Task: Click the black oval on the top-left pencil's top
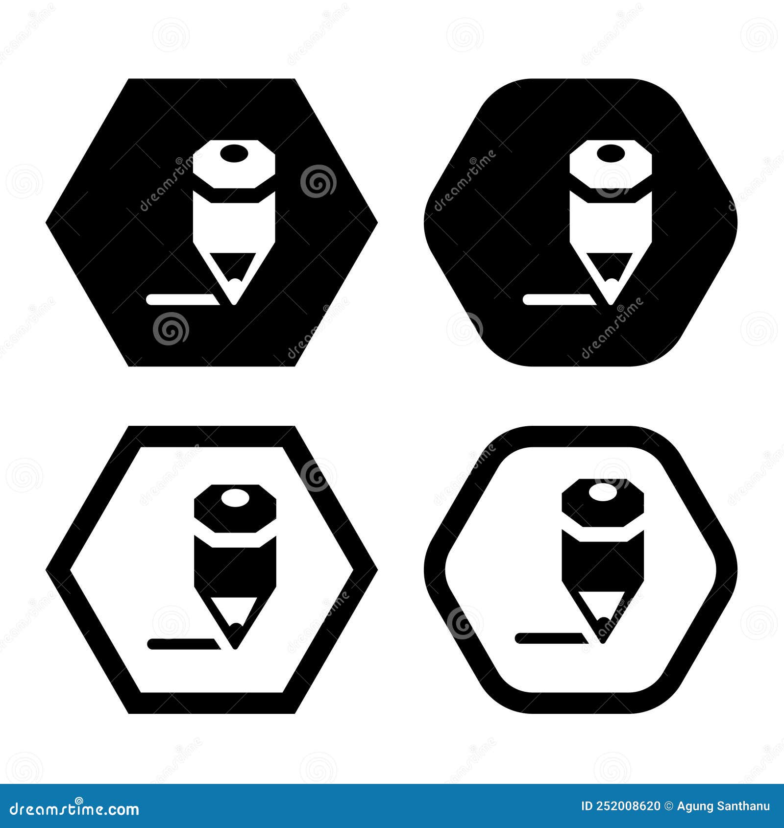coord(234,152)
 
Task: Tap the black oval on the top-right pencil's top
coord(611,152)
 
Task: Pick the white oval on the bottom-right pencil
coord(603,491)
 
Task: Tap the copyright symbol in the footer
coord(669,806)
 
